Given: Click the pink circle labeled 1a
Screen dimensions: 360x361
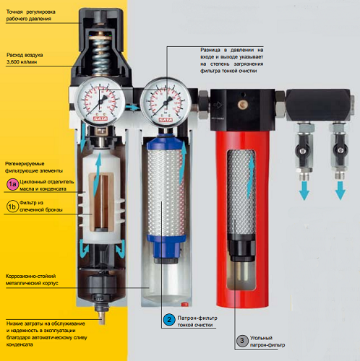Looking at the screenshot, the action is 12,185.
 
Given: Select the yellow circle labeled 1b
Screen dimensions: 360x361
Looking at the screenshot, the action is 12,206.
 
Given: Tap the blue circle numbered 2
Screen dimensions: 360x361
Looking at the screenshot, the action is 169,320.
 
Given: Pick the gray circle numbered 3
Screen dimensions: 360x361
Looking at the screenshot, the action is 242,341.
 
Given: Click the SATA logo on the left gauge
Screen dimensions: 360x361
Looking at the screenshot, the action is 100,118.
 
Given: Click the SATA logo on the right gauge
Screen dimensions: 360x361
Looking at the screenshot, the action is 166,120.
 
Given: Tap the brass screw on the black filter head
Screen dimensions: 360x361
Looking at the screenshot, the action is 242,104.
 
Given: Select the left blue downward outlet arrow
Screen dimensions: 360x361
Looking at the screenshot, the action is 304,191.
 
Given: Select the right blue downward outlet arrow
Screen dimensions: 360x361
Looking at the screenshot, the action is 340,191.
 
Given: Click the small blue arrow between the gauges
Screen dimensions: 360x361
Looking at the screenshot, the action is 133,108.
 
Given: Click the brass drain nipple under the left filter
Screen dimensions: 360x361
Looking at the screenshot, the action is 102,318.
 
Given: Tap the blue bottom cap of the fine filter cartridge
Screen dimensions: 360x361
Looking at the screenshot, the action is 166,248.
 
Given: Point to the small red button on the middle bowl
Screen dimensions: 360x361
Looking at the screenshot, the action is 184,305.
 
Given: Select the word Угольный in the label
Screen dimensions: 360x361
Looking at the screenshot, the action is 261,338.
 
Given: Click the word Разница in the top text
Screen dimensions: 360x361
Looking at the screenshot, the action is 210,50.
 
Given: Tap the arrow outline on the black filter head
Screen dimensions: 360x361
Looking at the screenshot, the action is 218,105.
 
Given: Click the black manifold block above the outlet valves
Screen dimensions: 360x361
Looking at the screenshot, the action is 318,105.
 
